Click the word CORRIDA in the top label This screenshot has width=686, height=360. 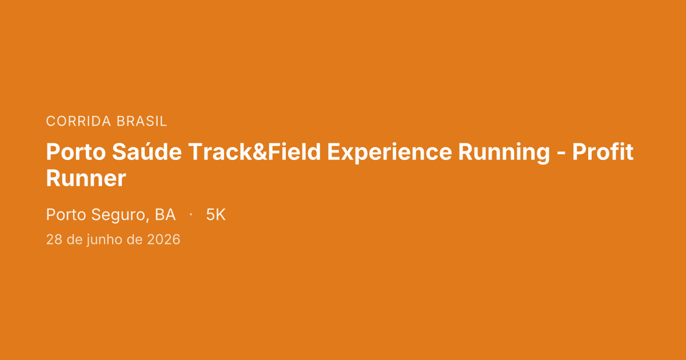78,121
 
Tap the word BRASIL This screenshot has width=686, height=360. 142,121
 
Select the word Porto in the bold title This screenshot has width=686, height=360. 76,152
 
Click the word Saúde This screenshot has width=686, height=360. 147,151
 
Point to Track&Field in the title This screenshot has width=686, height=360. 254,151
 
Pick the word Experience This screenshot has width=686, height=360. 389,153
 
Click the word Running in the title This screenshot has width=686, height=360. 504,153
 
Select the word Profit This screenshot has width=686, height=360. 603,151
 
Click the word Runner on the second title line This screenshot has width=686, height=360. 86,178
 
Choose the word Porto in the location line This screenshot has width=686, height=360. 66,215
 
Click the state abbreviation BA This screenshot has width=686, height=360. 165,215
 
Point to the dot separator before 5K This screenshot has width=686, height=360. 191,214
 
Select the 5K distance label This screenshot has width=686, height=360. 216,215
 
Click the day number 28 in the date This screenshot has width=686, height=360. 54,239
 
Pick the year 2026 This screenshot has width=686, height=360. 163,239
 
